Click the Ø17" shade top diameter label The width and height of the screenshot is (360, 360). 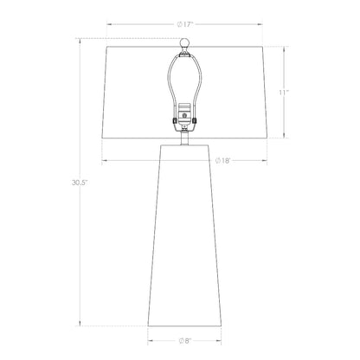click(x=184, y=24)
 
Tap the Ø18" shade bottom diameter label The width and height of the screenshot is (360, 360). click(x=223, y=161)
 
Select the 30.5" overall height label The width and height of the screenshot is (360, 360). click(x=80, y=183)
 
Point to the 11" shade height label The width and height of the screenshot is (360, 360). click(x=284, y=93)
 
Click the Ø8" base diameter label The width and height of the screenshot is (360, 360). click(x=184, y=341)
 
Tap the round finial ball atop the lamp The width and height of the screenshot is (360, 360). click(x=184, y=43)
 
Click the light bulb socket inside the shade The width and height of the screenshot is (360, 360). click(x=184, y=114)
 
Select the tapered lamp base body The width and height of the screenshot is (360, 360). click(x=184, y=235)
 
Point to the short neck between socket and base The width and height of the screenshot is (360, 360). click(x=184, y=138)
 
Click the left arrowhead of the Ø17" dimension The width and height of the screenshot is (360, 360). click(x=109, y=24)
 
